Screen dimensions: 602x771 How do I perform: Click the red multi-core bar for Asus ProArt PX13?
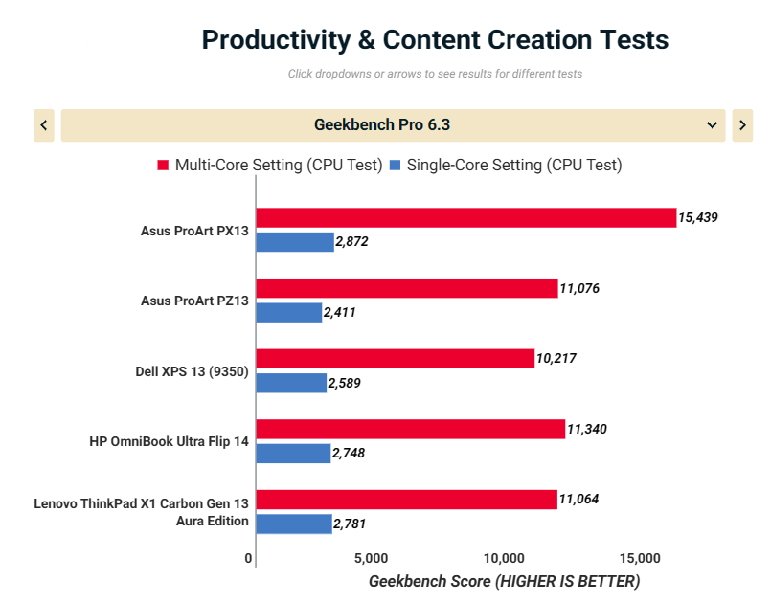click(465, 218)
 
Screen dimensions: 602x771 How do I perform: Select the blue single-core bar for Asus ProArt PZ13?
click(289, 312)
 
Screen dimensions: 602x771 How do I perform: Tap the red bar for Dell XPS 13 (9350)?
click(395, 359)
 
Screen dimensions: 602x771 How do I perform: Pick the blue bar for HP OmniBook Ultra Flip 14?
click(293, 453)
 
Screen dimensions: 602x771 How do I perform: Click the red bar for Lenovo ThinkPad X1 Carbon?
click(406, 499)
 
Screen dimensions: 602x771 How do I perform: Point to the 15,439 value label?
click(697, 218)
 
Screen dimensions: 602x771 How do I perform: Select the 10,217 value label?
click(556, 359)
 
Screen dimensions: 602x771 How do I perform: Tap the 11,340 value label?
click(586, 429)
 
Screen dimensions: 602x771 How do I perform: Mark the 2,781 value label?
click(349, 524)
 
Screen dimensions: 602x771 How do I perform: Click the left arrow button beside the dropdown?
click(44, 125)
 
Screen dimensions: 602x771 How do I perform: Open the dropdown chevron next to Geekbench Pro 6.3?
click(712, 125)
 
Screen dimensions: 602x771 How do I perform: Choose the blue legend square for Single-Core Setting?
click(395, 166)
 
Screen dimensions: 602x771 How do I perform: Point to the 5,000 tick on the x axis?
click(371, 558)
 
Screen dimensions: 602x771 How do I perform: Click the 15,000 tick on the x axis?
click(640, 558)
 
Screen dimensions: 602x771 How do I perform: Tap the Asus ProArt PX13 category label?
click(194, 231)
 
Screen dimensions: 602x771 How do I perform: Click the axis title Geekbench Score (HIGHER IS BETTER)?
click(504, 581)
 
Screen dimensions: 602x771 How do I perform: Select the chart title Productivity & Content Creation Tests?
click(435, 40)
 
